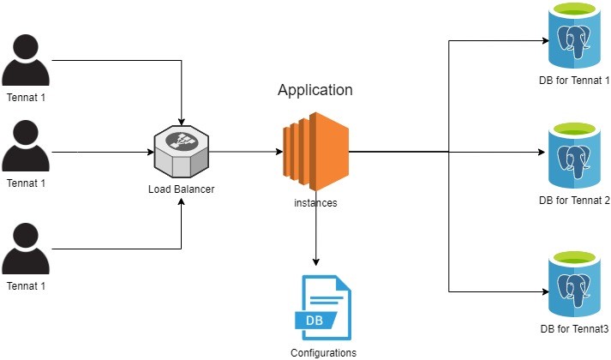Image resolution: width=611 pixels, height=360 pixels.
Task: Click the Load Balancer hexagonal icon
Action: [181, 151]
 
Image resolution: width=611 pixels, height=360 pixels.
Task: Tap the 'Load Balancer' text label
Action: [181, 189]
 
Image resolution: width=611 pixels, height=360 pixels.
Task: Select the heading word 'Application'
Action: [314, 90]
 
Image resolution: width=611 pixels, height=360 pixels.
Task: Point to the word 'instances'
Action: [316, 203]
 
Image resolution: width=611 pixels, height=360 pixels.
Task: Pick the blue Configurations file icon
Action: [321, 307]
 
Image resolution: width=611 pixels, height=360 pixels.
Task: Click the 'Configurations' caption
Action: [323, 351]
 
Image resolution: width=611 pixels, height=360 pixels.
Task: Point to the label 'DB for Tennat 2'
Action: [572, 201]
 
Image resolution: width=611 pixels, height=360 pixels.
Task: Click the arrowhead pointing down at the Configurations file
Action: [316, 261]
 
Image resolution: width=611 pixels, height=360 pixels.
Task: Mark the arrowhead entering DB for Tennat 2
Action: [540, 153]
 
